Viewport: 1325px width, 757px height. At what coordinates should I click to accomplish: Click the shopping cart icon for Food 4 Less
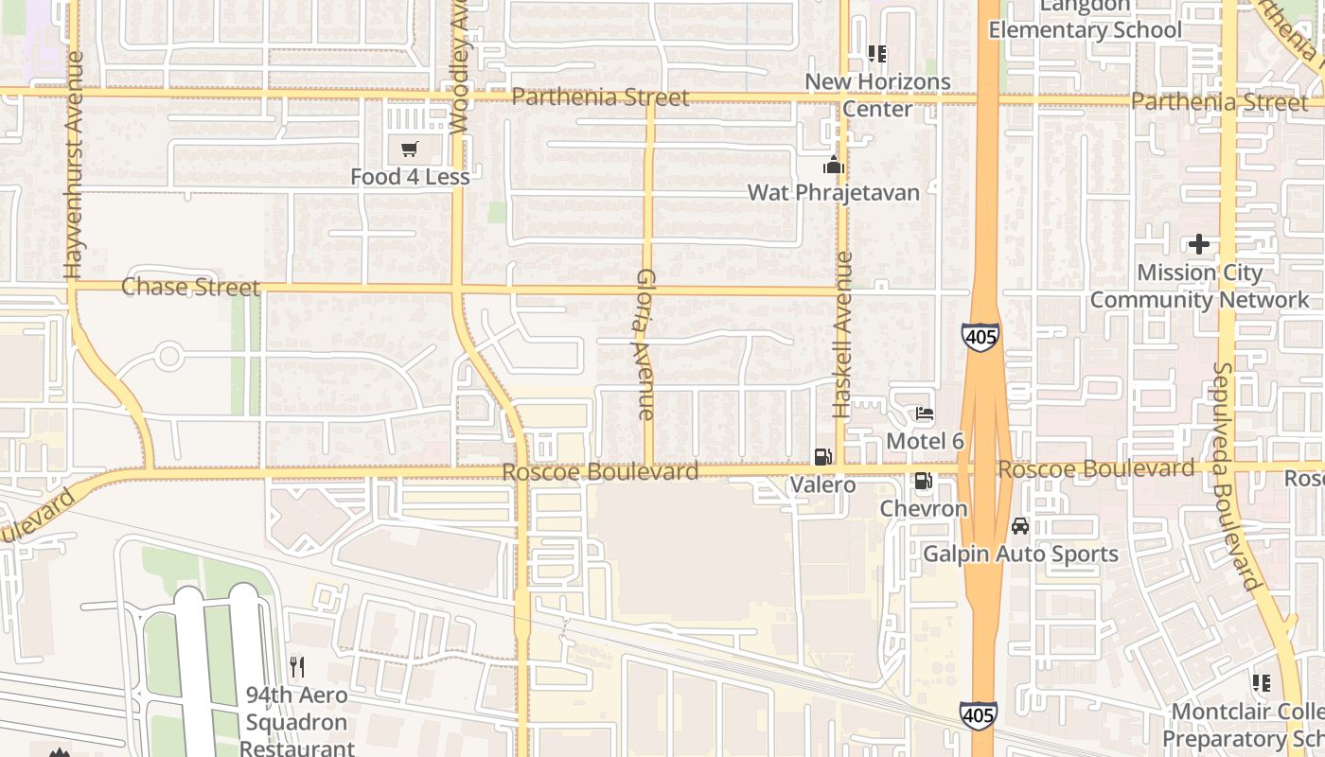pos(409,149)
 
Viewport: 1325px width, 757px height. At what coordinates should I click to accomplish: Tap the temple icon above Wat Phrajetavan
pos(833,166)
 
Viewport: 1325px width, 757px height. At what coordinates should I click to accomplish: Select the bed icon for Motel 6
pos(925,414)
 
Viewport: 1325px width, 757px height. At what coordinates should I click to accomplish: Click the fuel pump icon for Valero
pos(822,457)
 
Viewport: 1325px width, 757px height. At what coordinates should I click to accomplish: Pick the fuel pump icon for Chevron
pos(923,481)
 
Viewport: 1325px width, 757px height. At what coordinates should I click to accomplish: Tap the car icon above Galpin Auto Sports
pos(1019,525)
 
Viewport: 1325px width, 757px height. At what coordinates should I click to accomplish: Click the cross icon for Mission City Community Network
pos(1199,244)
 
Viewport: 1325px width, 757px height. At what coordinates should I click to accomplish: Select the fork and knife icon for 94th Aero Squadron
pos(297,666)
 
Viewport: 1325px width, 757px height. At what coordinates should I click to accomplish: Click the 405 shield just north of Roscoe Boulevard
pos(980,336)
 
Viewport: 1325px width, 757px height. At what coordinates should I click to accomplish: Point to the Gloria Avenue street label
pos(645,344)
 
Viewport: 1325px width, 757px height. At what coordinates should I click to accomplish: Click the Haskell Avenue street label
pos(841,334)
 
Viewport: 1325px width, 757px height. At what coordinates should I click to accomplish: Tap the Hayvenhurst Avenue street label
pos(74,166)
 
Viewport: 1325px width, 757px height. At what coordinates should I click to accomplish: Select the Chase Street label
pos(190,287)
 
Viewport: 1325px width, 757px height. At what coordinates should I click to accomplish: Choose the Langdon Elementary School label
pos(1085,19)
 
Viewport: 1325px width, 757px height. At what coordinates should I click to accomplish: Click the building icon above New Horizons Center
pos(877,54)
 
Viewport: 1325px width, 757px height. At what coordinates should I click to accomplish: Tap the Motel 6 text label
pos(925,441)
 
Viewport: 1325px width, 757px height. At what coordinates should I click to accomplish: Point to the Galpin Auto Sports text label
pos(1020,554)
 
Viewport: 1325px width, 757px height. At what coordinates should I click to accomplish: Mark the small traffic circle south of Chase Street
pos(168,357)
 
